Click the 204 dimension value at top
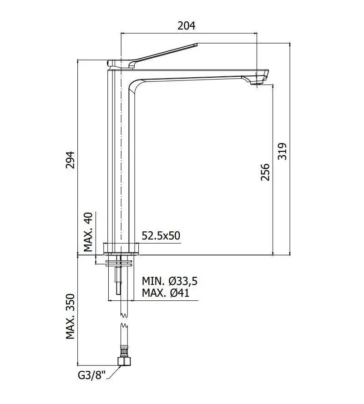(x=186, y=25)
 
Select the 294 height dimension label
(x=70, y=160)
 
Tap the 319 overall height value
(x=282, y=151)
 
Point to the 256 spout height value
(x=265, y=172)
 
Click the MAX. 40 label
(x=88, y=232)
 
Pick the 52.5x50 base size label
(x=161, y=236)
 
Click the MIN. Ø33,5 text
(x=170, y=281)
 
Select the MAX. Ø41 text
(x=166, y=293)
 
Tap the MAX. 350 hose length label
(x=70, y=316)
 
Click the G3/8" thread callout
(x=92, y=375)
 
